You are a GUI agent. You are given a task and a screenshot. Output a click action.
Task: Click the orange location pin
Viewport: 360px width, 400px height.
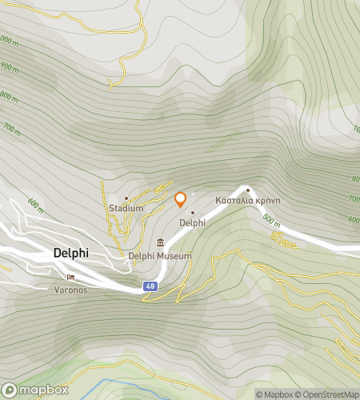click(181, 199)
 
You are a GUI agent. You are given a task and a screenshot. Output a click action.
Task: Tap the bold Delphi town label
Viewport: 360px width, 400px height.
click(70, 253)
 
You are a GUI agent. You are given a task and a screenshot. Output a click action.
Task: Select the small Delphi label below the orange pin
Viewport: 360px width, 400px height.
click(193, 223)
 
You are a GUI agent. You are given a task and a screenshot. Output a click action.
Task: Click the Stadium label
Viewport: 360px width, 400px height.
click(126, 209)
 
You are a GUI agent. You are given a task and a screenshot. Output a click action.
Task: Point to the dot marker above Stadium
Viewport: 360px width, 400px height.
click(126, 198)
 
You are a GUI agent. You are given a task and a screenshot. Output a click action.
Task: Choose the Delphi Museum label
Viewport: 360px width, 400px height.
click(160, 256)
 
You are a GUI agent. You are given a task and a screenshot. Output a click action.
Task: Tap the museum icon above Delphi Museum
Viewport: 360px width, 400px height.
click(161, 243)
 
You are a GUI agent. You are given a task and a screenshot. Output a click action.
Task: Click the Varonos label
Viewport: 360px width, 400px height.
click(70, 290)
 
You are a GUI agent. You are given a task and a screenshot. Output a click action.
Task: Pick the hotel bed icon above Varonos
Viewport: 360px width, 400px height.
click(70, 278)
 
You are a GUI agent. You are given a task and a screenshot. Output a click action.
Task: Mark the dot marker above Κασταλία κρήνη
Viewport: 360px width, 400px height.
click(248, 190)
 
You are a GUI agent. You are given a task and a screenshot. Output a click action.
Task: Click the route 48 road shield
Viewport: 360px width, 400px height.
click(150, 286)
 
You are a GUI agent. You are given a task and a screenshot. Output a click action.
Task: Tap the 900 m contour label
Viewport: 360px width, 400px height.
click(9, 69)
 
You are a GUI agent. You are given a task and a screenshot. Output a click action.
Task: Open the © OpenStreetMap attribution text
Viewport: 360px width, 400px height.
click(328, 394)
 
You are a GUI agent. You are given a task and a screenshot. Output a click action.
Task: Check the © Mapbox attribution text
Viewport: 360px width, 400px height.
click(274, 394)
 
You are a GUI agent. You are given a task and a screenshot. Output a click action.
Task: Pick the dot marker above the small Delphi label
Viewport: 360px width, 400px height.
click(193, 212)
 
